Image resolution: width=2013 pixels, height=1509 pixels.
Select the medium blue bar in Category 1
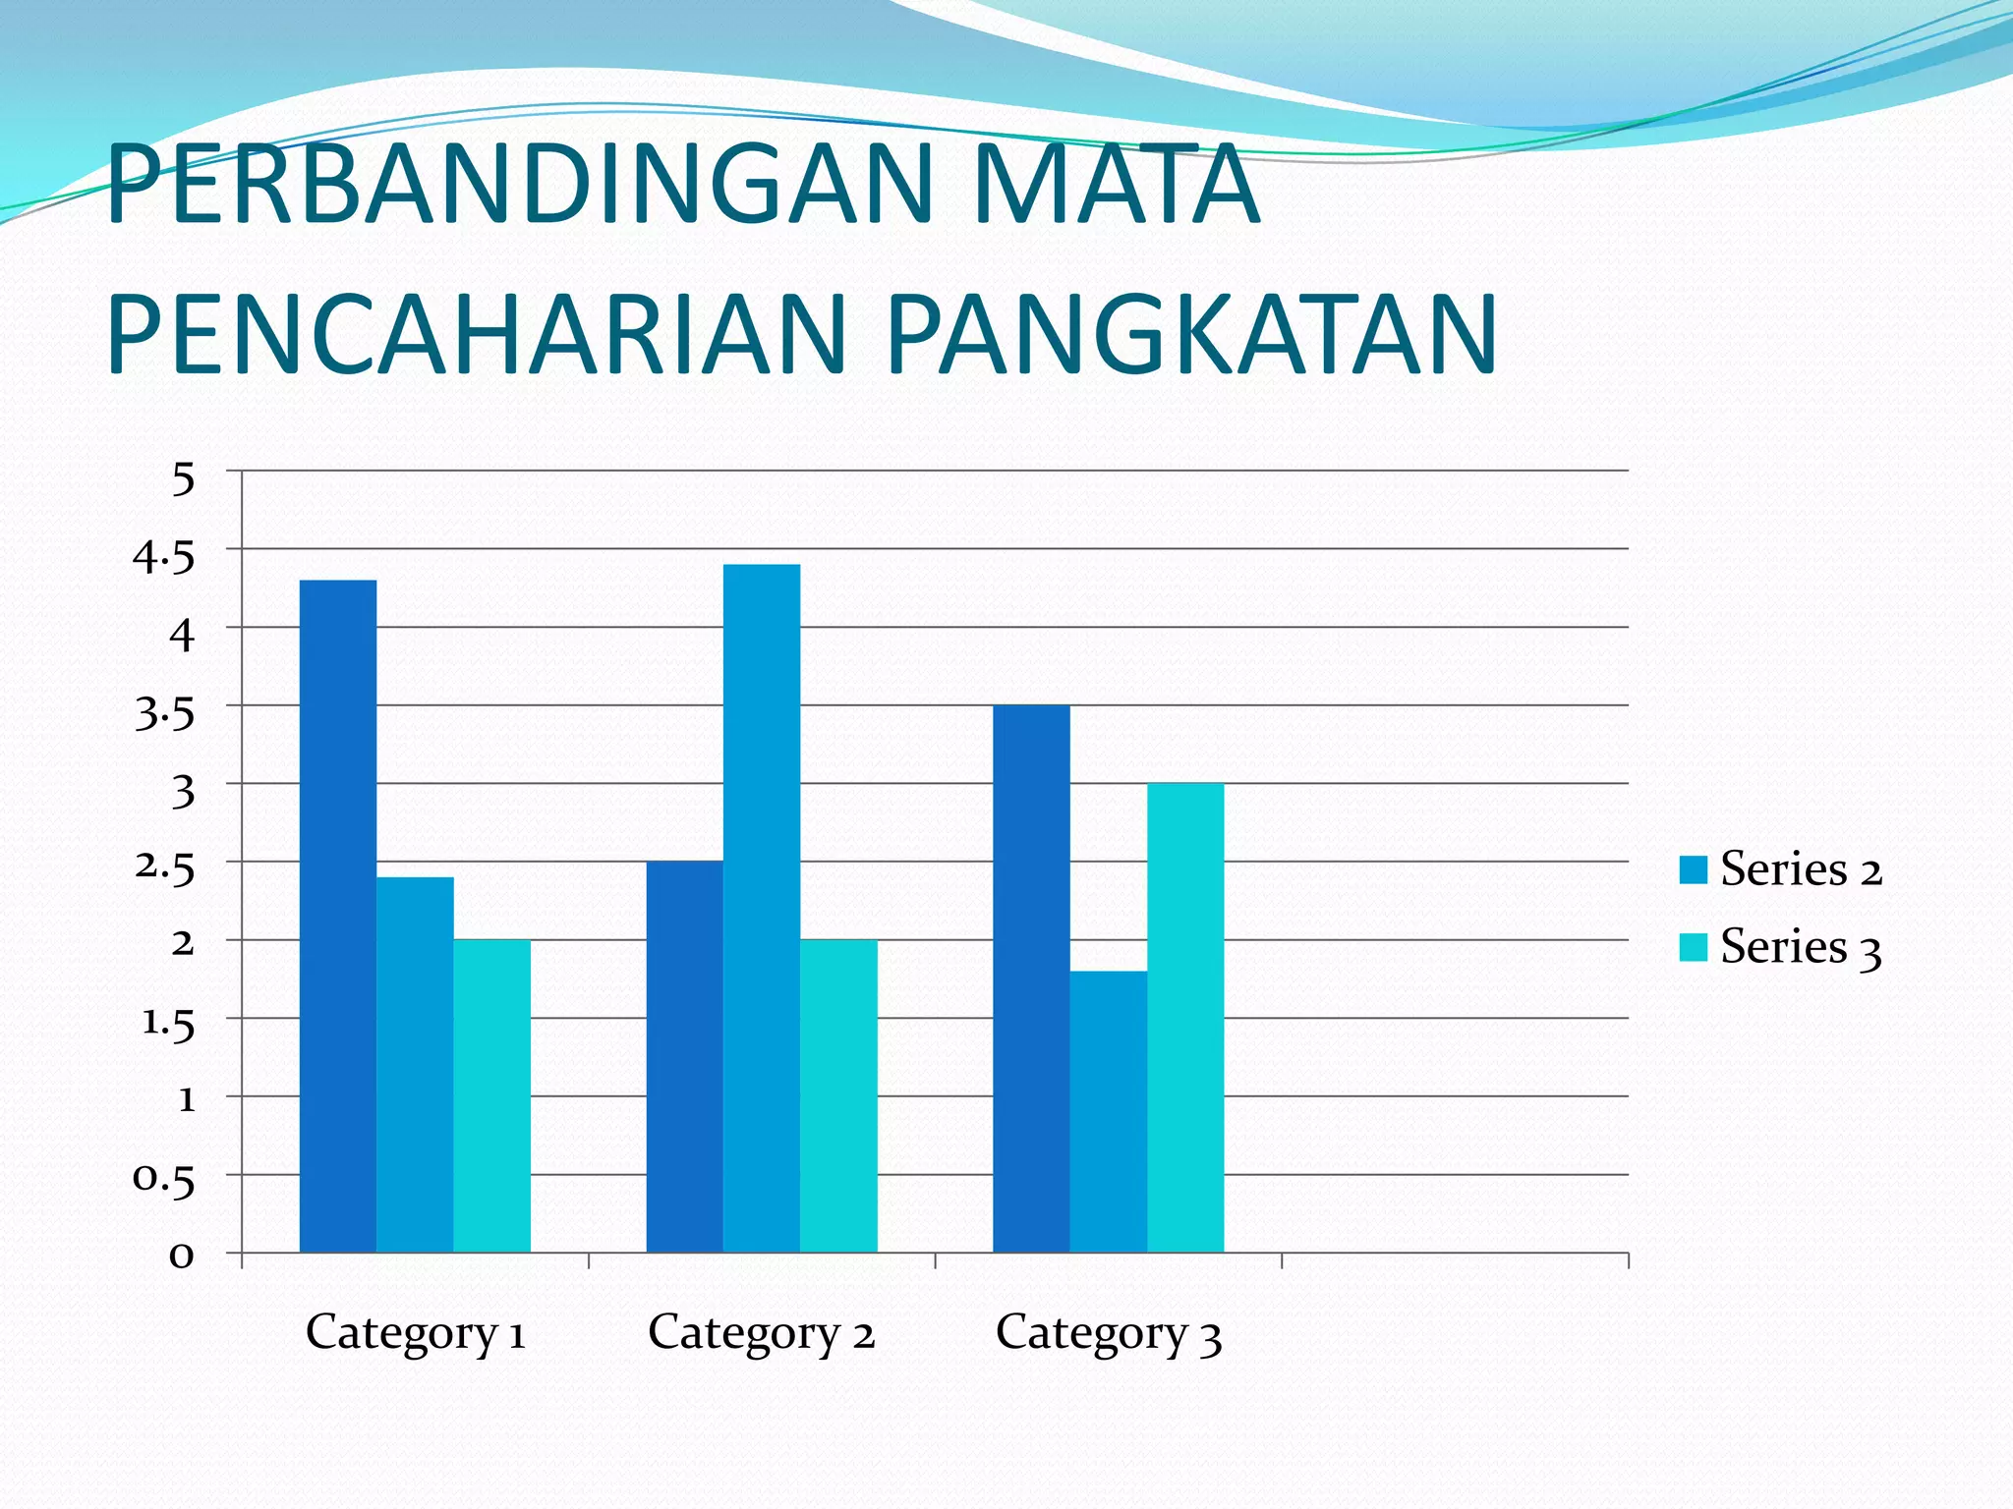[415, 1064]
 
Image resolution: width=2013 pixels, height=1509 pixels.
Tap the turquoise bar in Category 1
[491, 1095]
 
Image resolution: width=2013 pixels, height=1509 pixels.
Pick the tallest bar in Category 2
[762, 908]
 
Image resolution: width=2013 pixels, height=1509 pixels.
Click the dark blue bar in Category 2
[684, 1056]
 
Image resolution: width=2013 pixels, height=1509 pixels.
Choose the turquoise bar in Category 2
[838, 1095]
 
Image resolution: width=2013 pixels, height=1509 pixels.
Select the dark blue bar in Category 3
[1031, 978]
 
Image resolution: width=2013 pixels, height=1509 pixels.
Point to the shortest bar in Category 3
[1108, 1111]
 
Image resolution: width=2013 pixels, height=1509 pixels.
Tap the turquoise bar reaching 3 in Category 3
[1185, 1017]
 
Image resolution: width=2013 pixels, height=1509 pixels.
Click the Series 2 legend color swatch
[1694, 870]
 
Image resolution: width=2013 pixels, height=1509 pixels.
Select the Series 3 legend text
[1801, 948]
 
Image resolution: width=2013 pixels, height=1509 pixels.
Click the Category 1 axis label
[416, 1333]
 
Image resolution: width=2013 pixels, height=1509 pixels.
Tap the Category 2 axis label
[761, 1333]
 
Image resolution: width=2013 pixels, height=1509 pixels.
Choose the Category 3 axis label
[1108, 1333]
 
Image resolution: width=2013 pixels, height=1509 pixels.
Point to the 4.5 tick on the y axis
[164, 558]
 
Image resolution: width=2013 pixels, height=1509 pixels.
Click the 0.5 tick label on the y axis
[164, 1177]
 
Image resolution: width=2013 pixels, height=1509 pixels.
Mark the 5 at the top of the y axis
[183, 480]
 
